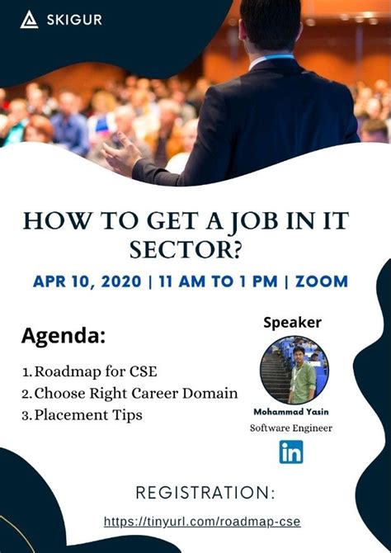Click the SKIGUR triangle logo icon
click(x=30, y=19)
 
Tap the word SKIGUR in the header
click(x=74, y=19)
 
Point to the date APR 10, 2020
click(x=87, y=281)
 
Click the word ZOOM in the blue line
click(x=321, y=281)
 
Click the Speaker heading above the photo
click(x=292, y=322)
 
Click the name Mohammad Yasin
click(x=291, y=412)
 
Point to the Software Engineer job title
click(x=291, y=428)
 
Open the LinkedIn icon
click(x=291, y=452)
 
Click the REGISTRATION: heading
click(x=205, y=494)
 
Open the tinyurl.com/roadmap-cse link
click(x=202, y=522)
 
